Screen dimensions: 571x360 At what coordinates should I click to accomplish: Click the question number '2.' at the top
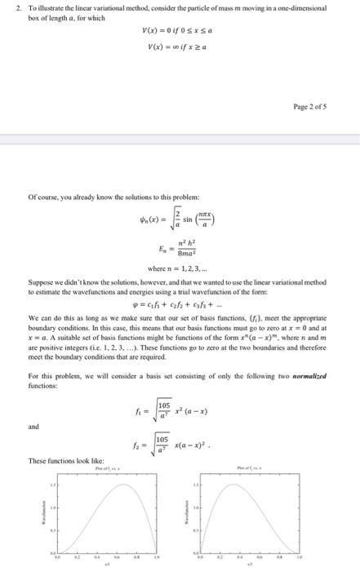pyautogui.click(x=18, y=7)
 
